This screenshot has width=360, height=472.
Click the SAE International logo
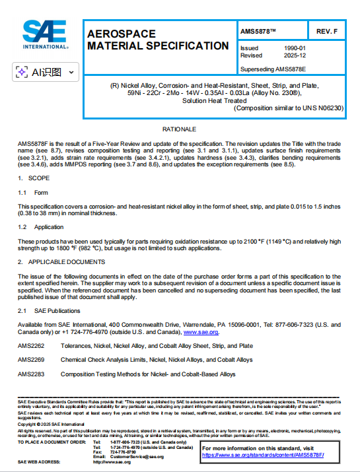(x=46, y=35)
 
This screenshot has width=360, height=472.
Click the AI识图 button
(x=46, y=72)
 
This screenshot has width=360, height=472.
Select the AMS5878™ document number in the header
(x=259, y=31)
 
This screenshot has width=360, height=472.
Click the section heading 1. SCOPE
(x=32, y=178)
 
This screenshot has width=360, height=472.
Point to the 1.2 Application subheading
(x=40, y=226)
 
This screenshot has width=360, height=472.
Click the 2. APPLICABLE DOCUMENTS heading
(x=59, y=262)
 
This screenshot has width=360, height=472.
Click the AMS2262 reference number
(x=31, y=346)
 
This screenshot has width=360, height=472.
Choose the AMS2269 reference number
(x=31, y=360)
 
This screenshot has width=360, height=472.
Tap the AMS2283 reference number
(x=31, y=374)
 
